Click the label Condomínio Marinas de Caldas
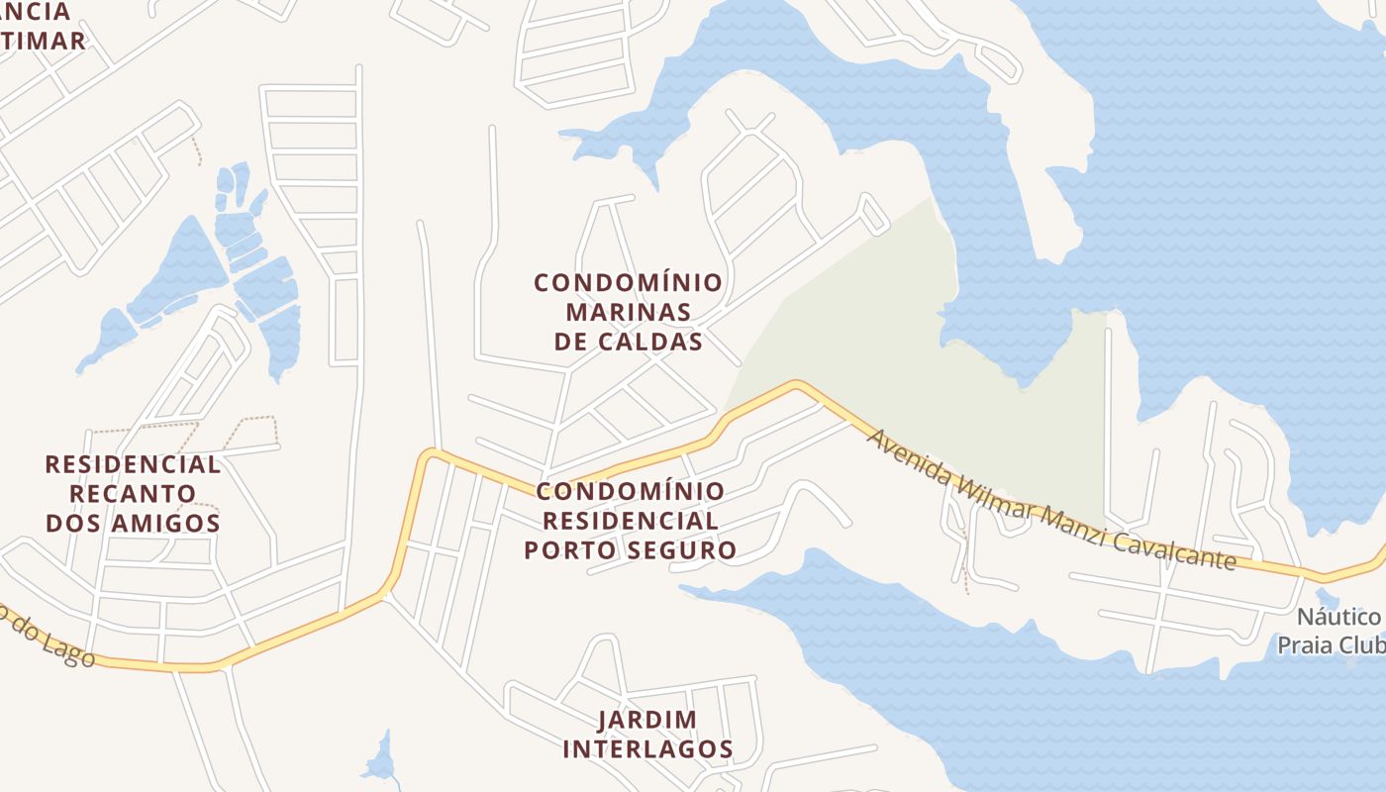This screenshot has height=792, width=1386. [x=628, y=312]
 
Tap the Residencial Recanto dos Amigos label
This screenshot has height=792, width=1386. [x=133, y=493]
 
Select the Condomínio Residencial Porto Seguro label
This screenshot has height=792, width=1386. [x=630, y=521]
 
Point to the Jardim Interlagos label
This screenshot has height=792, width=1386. [x=647, y=735]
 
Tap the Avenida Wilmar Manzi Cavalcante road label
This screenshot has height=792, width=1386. [x=1051, y=499]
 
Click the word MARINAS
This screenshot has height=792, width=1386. [x=628, y=312]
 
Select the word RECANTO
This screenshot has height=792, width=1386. [x=133, y=493]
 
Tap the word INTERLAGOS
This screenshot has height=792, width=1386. [x=647, y=749]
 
